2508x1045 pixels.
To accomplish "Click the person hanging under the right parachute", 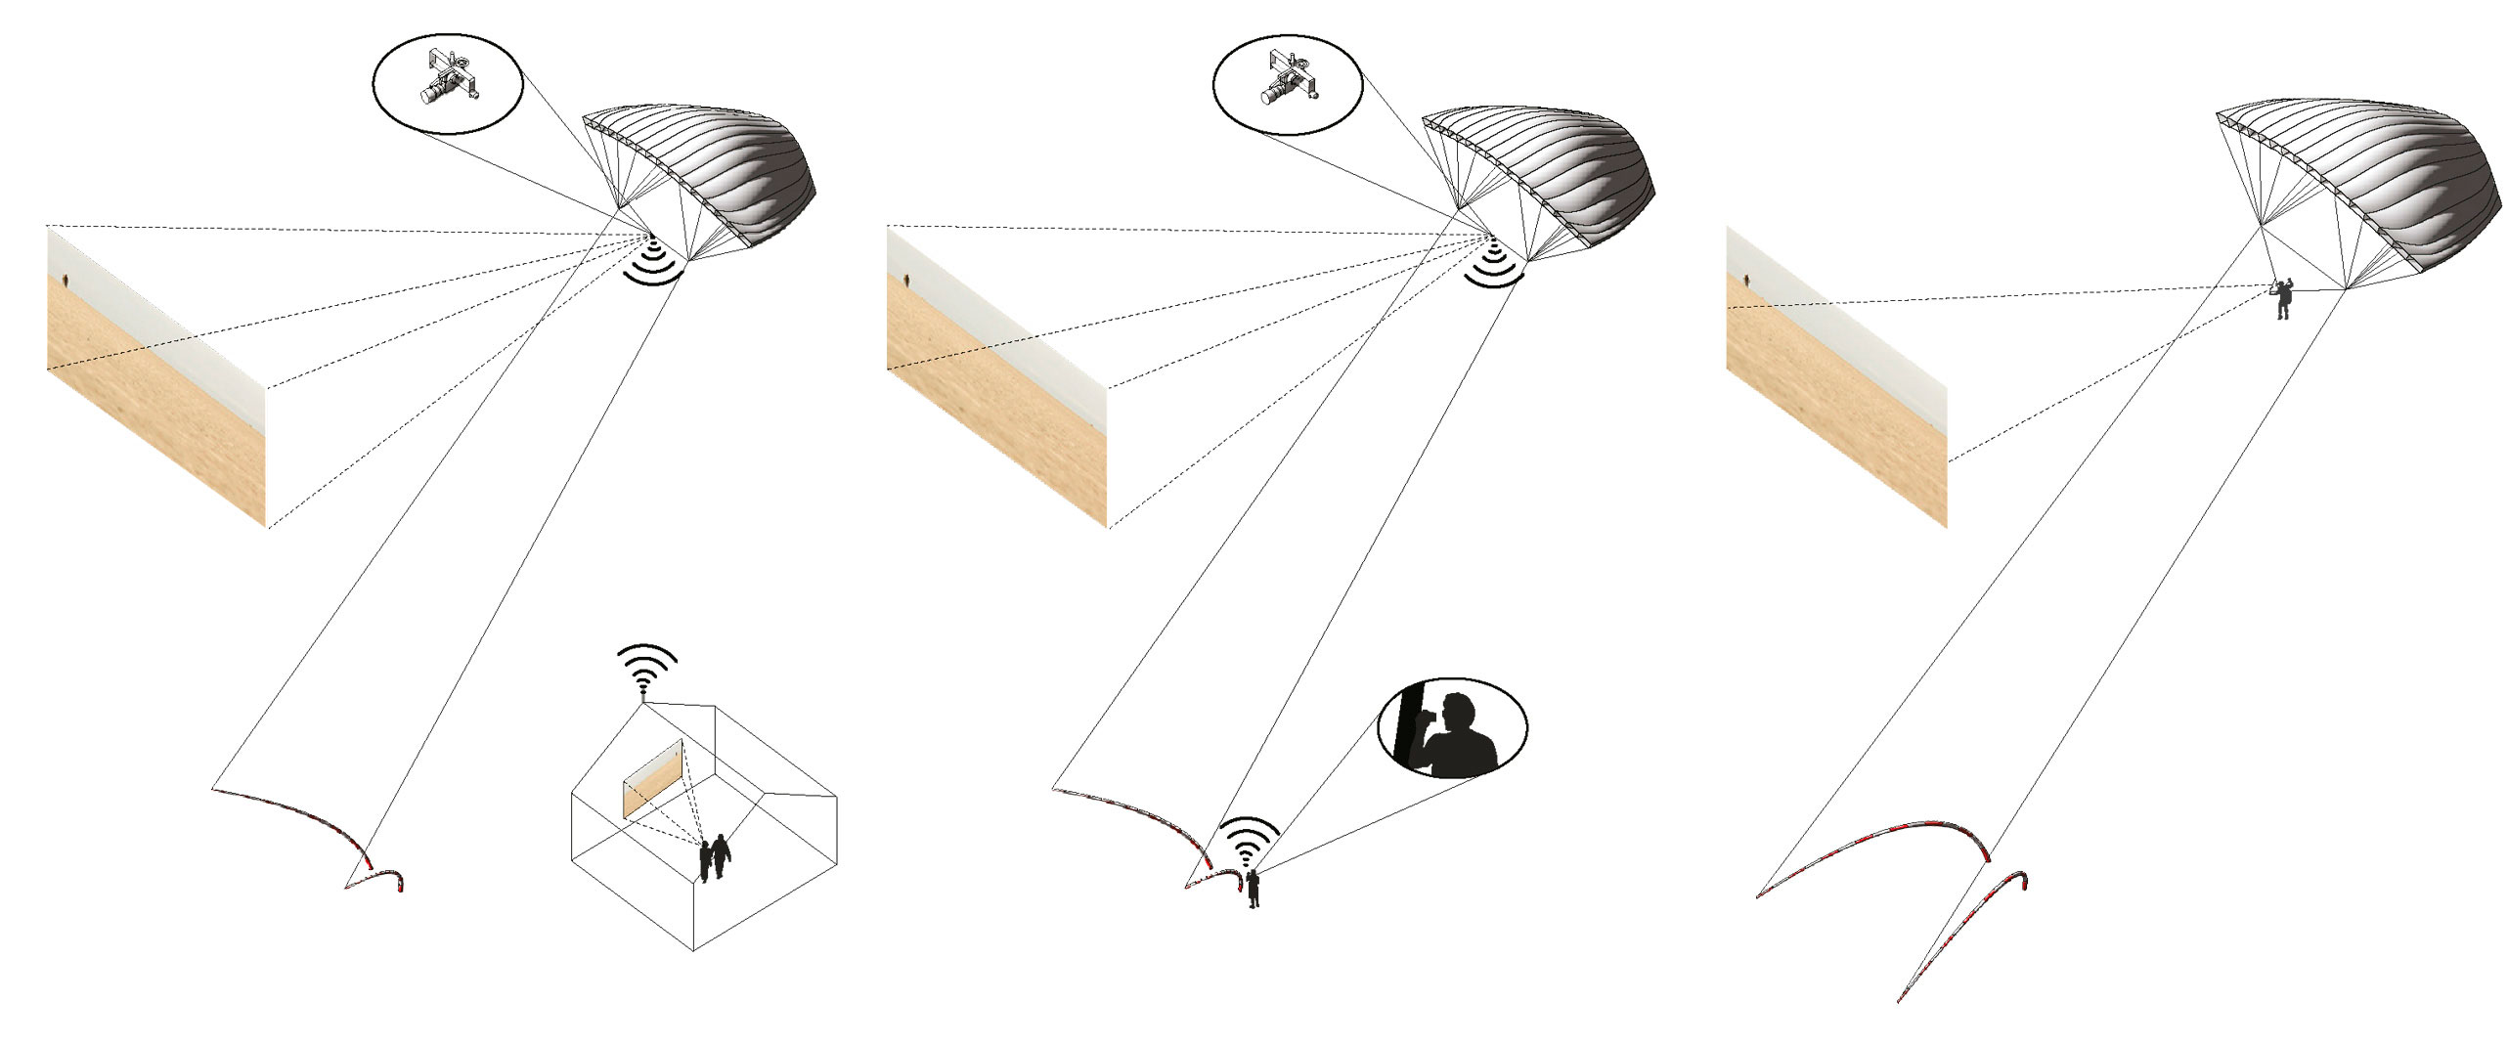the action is click(2283, 299).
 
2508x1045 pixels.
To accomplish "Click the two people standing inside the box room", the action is click(714, 856).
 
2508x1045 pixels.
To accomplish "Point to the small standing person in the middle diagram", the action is click(1253, 890).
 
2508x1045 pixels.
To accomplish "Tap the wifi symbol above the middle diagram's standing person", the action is click(1247, 843).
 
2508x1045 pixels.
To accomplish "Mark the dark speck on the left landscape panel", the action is click(66, 282).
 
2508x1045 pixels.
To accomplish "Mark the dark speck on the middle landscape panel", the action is click(906, 282).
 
